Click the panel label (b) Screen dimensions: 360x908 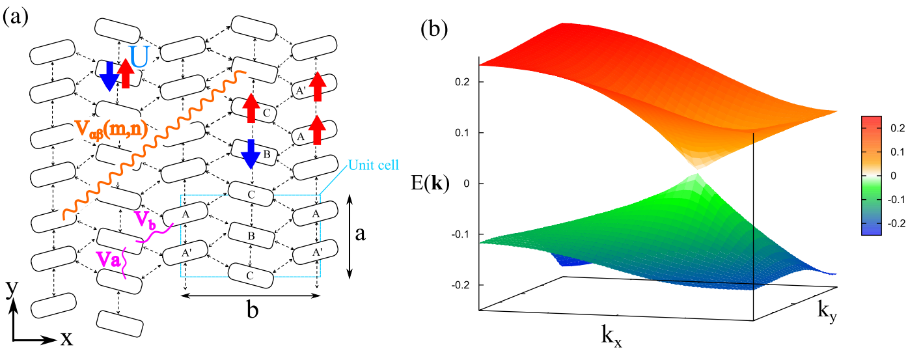[435, 29]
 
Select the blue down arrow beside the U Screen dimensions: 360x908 [108, 76]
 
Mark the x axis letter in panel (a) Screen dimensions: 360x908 [64, 339]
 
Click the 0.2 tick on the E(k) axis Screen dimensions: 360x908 [465, 82]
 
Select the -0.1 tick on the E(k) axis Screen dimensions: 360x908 [462, 234]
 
